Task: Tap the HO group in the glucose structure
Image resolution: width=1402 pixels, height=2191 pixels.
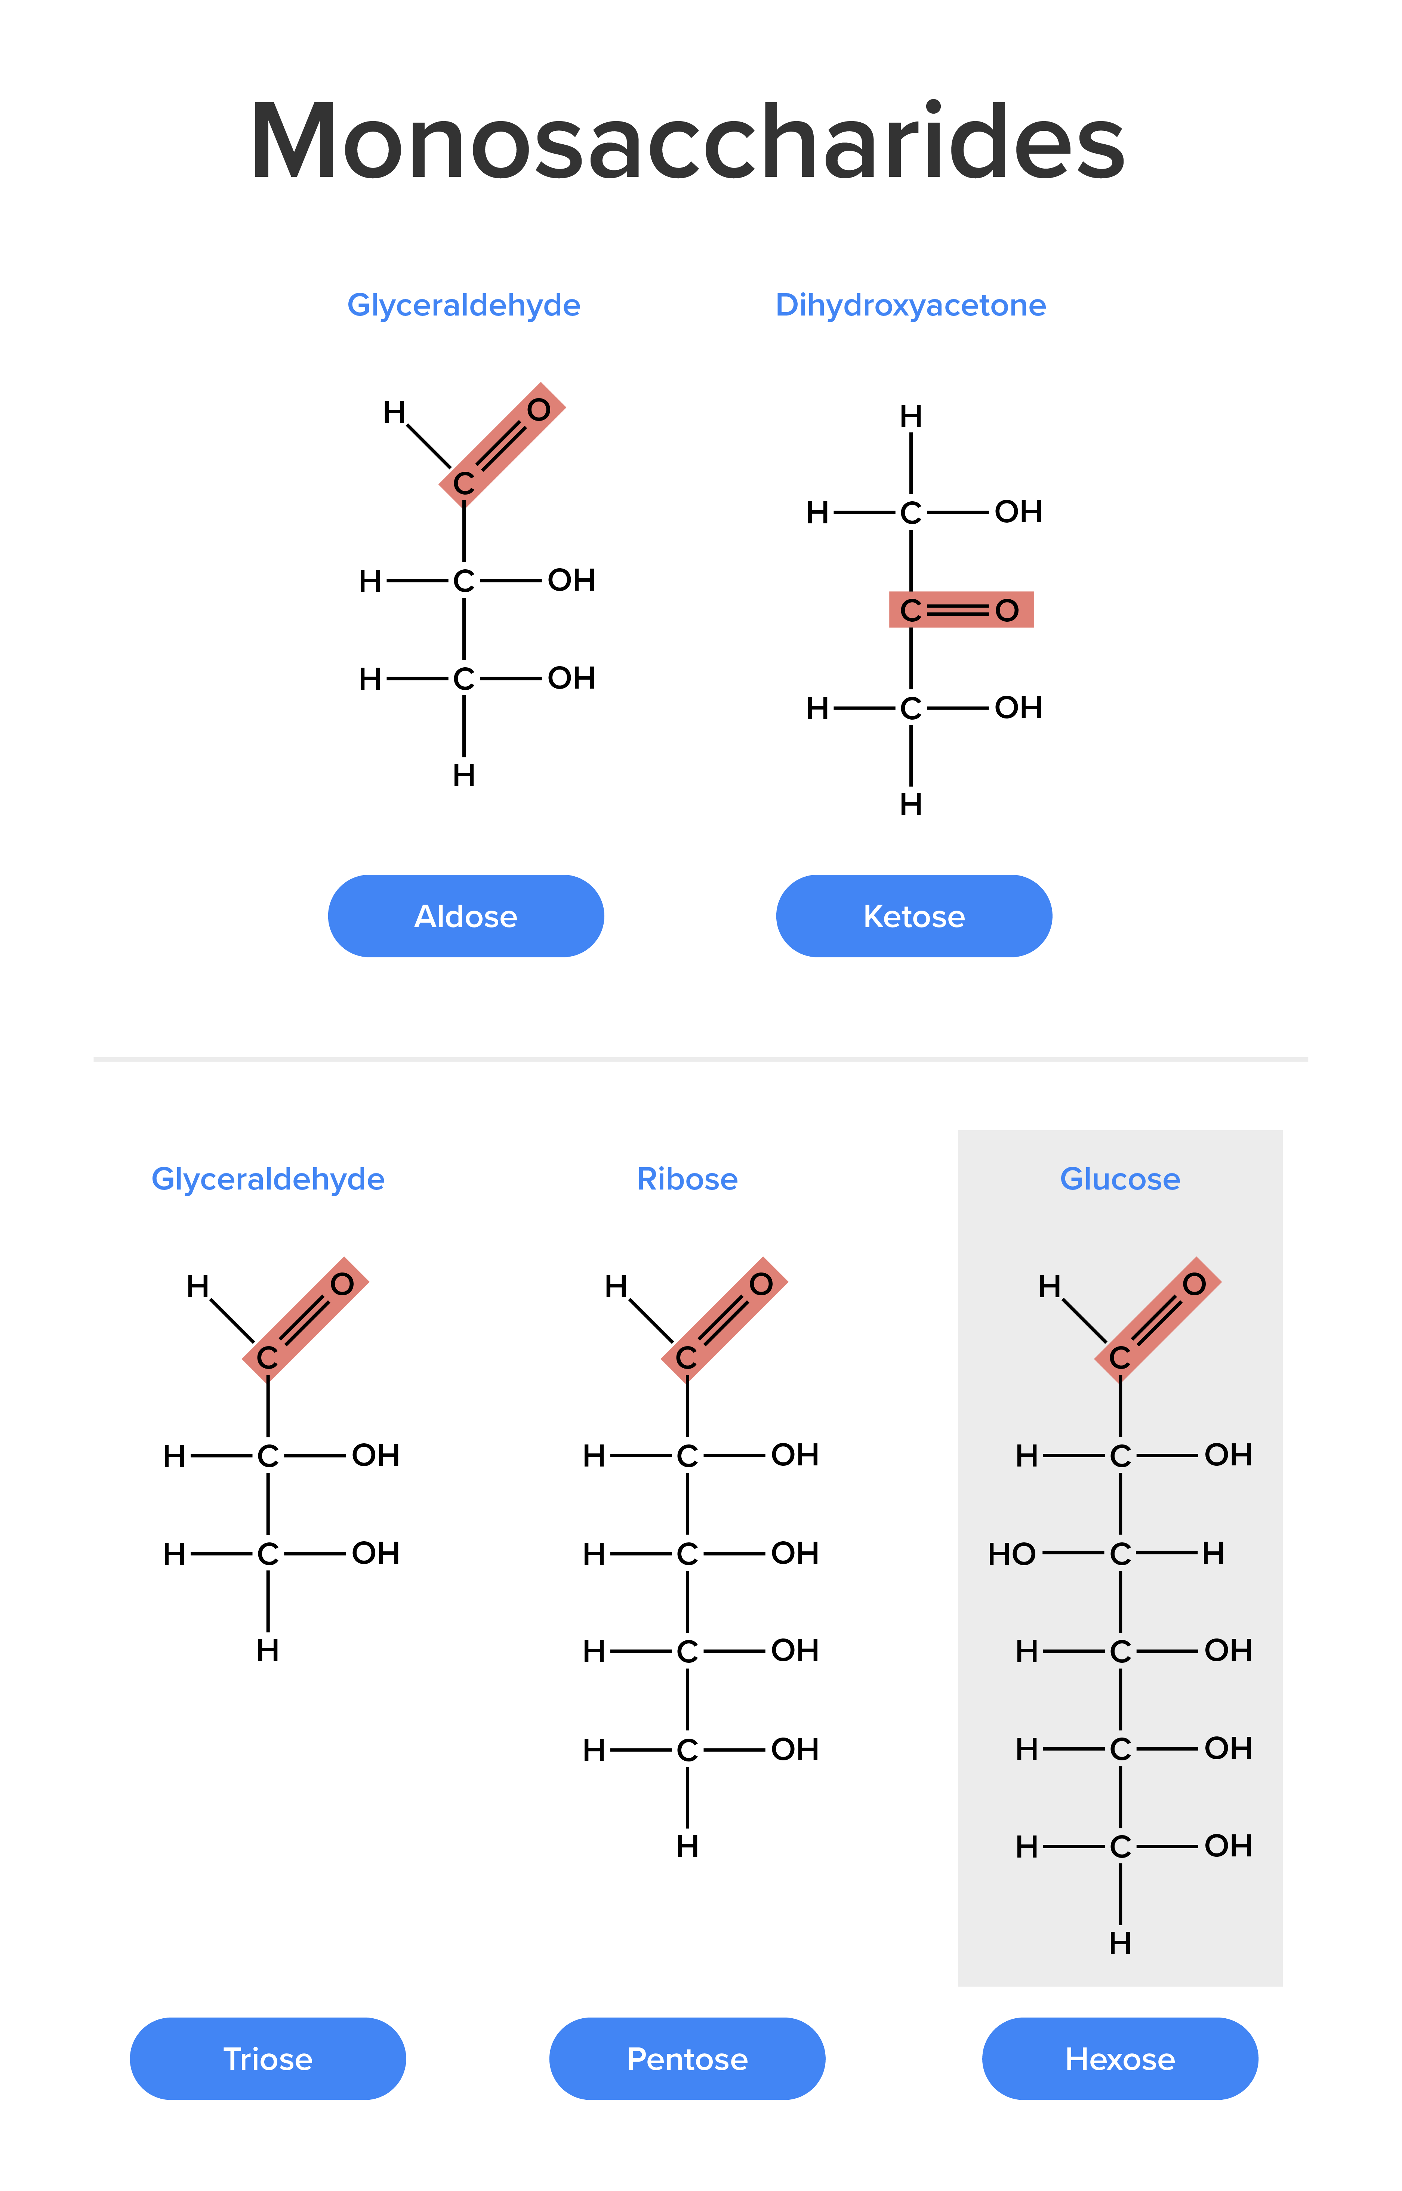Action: [x=1011, y=1554]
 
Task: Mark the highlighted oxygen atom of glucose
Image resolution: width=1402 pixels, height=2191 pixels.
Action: [x=1195, y=1284]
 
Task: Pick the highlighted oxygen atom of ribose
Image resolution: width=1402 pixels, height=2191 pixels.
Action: [x=761, y=1284]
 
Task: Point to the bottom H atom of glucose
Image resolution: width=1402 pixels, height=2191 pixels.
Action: [x=1120, y=1944]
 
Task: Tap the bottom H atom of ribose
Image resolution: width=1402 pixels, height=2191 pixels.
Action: [x=687, y=1846]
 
